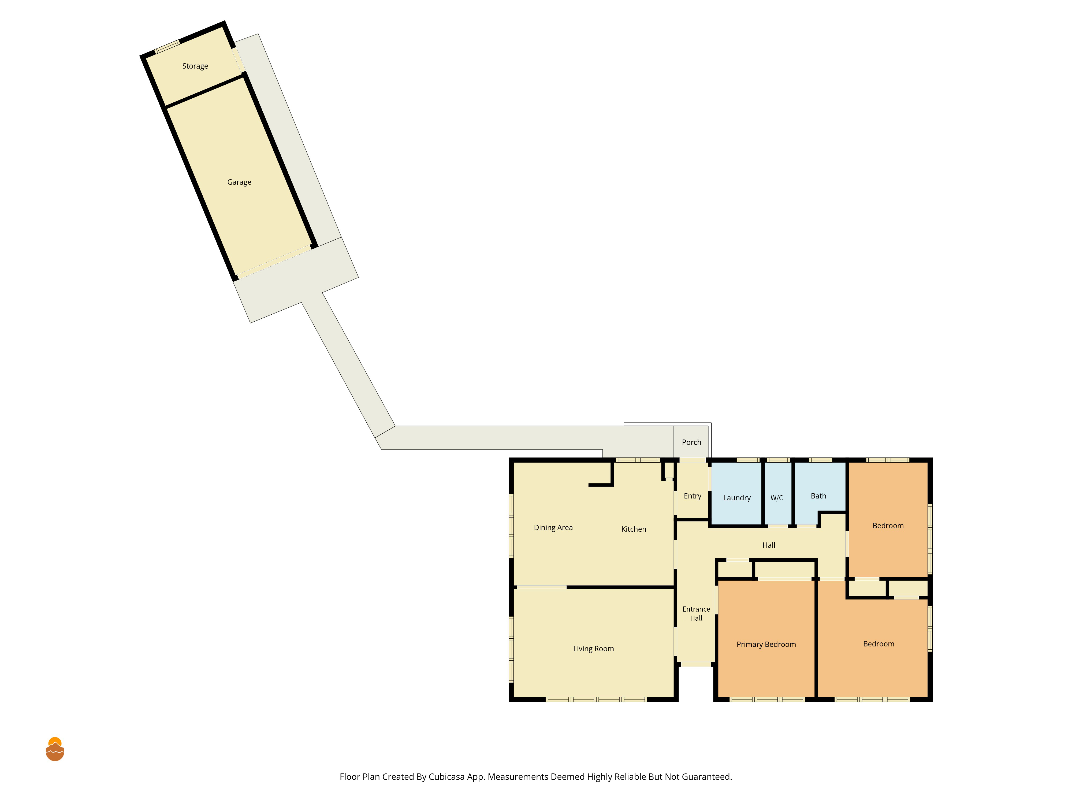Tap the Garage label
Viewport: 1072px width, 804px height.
click(239, 182)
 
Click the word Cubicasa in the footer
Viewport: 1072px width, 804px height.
click(446, 777)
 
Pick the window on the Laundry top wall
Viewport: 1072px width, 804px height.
click(748, 460)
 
